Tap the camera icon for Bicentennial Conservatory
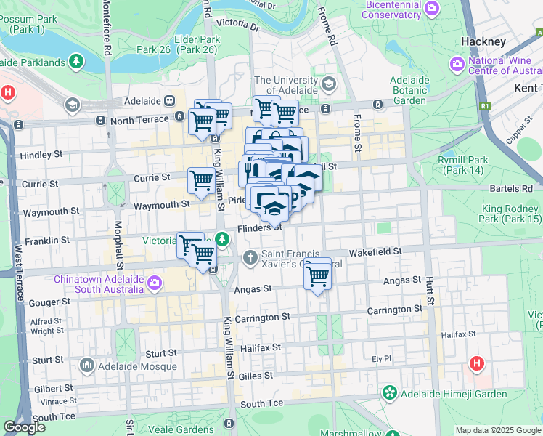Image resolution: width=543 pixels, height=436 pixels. (433, 9)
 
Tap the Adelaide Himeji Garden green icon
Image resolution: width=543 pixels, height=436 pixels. (390, 393)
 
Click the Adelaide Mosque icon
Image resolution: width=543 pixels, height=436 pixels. (87, 364)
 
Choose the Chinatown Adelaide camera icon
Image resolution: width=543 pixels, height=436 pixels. (154, 282)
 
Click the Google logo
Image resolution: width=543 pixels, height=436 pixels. (24, 427)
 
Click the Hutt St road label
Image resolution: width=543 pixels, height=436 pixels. (430, 289)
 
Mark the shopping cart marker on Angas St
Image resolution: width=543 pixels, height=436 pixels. (317, 275)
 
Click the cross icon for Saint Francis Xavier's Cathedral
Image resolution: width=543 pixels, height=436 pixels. (250, 257)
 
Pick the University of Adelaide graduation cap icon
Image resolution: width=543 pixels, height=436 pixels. (329, 85)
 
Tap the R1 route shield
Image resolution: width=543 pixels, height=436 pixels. (483, 106)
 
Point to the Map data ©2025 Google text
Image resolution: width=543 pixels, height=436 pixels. (497, 430)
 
